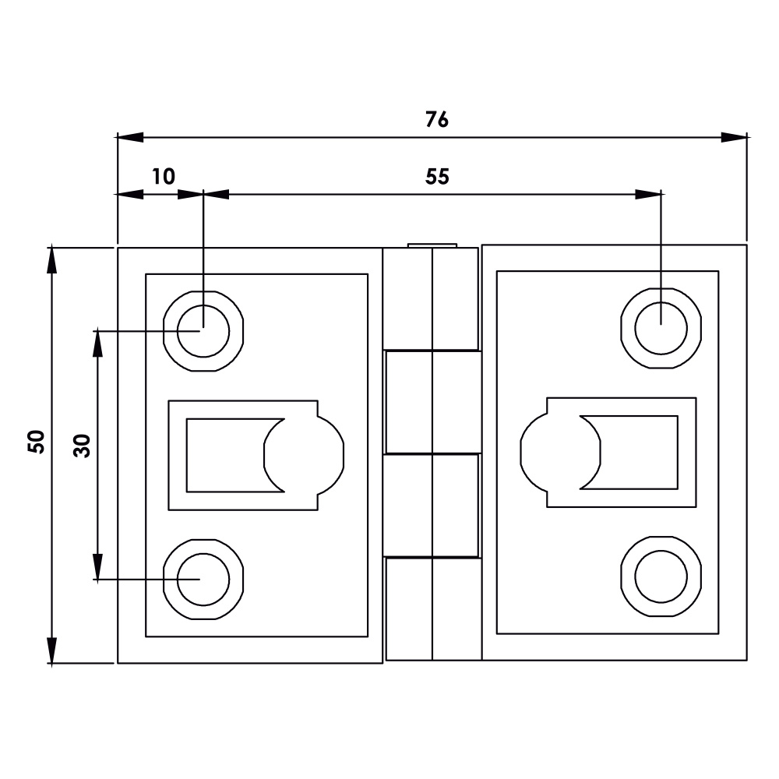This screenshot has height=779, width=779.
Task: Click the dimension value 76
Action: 437,120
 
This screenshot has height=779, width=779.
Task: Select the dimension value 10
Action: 164,176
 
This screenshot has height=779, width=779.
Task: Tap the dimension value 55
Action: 438,177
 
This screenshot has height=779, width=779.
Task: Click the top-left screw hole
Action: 203,330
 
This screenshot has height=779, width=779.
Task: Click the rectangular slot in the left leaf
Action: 226,455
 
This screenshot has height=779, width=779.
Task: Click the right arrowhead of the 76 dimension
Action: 733,137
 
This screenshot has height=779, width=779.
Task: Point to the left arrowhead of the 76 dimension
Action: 131,137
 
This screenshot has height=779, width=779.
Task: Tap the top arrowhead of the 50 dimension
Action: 52,260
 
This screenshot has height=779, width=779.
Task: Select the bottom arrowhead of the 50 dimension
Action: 52,650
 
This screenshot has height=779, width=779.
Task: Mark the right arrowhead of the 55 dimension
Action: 647,194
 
